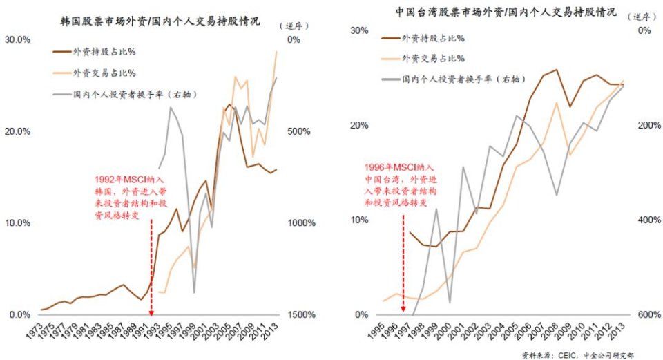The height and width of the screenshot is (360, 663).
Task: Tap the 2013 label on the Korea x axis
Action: coord(273,330)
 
